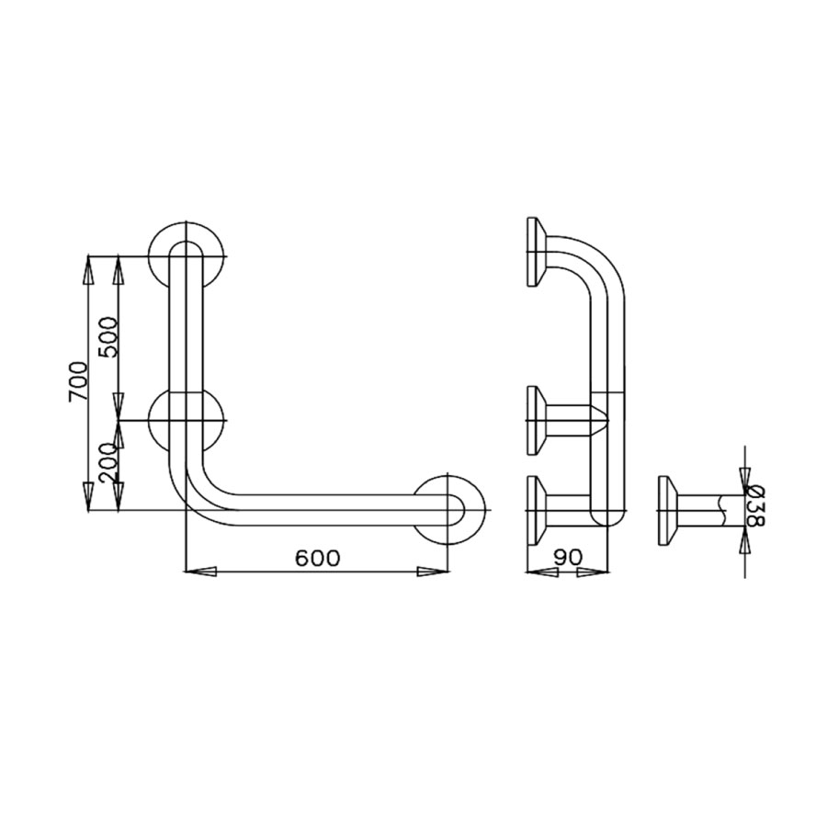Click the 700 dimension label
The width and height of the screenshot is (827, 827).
[x=78, y=380]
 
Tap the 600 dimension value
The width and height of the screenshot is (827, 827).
[x=317, y=558]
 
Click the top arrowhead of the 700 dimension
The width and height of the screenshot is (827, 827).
[x=88, y=272]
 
